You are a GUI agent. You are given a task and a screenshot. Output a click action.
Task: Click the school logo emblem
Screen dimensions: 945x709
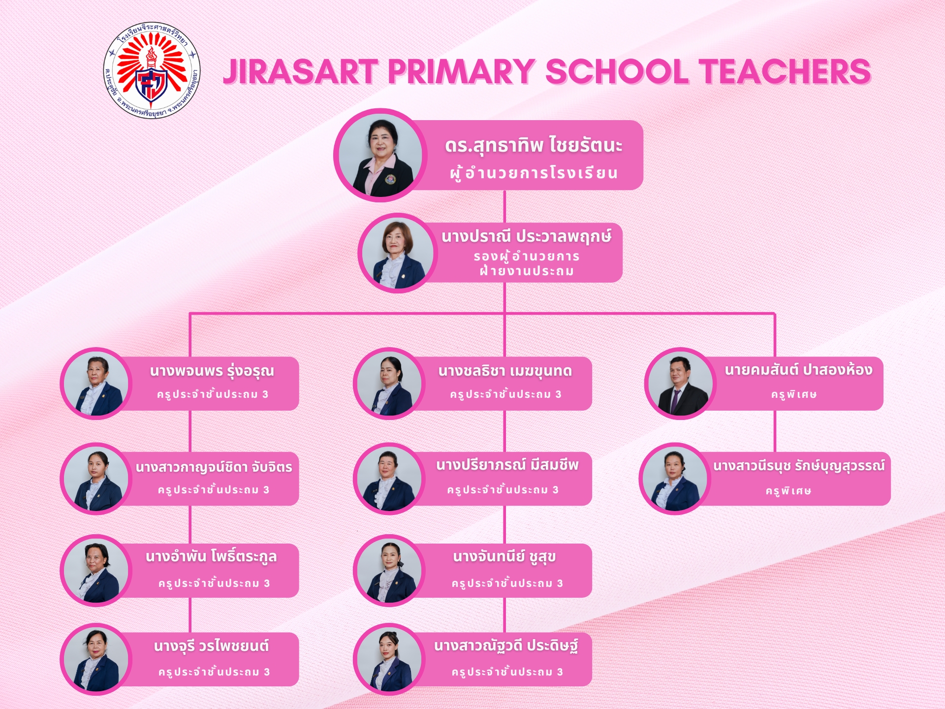(x=152, y=70)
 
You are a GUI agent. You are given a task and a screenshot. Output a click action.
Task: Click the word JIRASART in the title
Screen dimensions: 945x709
(x=300, y=72)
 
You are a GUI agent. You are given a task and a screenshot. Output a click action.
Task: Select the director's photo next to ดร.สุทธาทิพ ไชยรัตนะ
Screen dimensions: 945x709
(x=380, y=155)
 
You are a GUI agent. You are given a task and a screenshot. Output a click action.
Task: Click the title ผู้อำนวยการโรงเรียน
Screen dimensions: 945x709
(x=534, y=173)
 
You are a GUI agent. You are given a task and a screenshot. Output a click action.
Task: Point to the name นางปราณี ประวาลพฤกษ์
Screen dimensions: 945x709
(x=526, y=237)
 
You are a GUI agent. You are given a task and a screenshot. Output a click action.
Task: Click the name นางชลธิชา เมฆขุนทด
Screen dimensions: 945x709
(x=505, y=371)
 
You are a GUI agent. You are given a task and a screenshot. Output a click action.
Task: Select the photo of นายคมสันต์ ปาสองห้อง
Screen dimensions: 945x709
(x=681, y=384)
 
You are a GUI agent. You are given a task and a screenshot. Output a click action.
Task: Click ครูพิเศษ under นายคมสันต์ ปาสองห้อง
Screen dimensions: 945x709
(x=794, y=394)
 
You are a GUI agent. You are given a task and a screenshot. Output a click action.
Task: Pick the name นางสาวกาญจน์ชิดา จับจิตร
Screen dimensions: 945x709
(x=214, y=467)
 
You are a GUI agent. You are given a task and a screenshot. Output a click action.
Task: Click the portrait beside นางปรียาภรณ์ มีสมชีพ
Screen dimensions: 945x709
(x=389, y=479)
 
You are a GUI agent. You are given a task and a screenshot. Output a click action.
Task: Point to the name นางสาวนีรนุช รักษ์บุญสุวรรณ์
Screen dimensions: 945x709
(x=799, y=466)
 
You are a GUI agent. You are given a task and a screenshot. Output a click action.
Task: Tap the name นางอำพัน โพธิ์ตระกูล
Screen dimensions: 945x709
(x=211, y=557)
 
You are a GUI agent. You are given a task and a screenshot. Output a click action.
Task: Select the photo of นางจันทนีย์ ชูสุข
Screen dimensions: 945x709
(x=389, y=571)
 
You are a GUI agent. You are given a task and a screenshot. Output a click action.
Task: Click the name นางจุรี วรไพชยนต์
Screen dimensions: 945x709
(x=212, y=645)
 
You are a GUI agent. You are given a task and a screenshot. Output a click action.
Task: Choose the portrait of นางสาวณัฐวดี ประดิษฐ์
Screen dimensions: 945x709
(x=389, y=659)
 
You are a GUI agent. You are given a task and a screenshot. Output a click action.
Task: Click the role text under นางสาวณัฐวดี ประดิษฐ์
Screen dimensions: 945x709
(x=507, y=672)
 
